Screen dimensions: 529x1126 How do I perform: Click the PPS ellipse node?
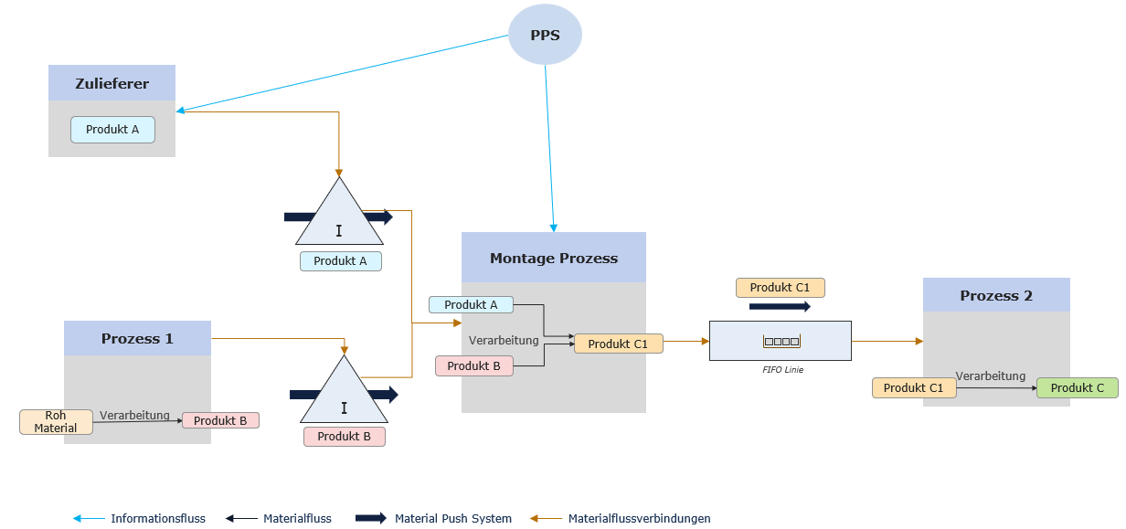point(545,35)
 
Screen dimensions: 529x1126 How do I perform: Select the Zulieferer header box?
point(112,83)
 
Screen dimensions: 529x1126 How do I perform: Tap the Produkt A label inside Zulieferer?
point(112,130)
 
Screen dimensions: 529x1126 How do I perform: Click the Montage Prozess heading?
point(553,258)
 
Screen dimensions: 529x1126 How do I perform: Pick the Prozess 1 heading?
point(137,338)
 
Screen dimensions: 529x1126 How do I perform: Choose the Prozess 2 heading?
point(995,295)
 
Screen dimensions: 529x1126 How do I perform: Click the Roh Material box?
point(56,422)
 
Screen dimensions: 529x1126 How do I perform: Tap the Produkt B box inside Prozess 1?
point(220,420)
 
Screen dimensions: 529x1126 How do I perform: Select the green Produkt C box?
point(1077,388)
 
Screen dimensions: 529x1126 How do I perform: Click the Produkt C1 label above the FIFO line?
point(780,288)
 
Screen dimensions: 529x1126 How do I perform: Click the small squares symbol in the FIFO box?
point(781,341)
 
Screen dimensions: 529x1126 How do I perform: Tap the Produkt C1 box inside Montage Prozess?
point(618,344)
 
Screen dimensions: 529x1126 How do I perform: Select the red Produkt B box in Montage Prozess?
point(473,365)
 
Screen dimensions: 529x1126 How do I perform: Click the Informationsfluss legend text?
point(158,518)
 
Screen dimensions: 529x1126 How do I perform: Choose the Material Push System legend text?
point(452,518)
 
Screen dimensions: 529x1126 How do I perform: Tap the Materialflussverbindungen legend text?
point(639,518)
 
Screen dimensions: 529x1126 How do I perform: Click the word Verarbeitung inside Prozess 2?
point(990,376)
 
